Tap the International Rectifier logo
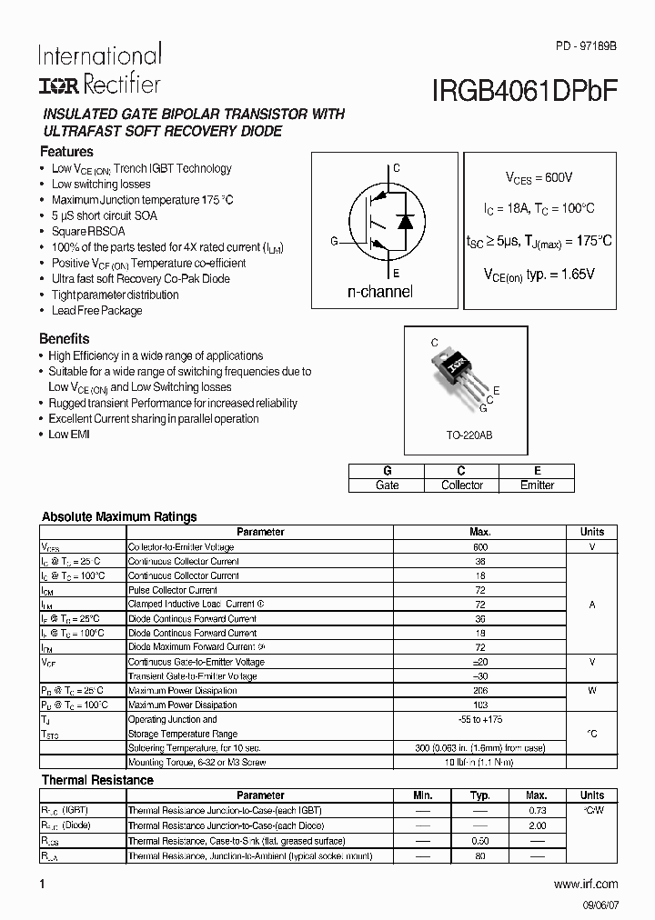coord(100,69)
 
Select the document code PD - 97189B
coord(586,45)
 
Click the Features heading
coord(67,152)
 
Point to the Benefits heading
coord(65,339)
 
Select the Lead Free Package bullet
coord(96,311)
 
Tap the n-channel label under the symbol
coord(379,292)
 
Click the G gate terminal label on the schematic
coord(334,241)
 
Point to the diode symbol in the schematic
coord(407,220)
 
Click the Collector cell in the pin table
coord(461,485)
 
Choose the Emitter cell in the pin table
coord(537,485)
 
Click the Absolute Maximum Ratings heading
coord(119,516)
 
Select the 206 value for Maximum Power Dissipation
coord(480,691)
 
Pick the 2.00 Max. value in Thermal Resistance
coord(537,825)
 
